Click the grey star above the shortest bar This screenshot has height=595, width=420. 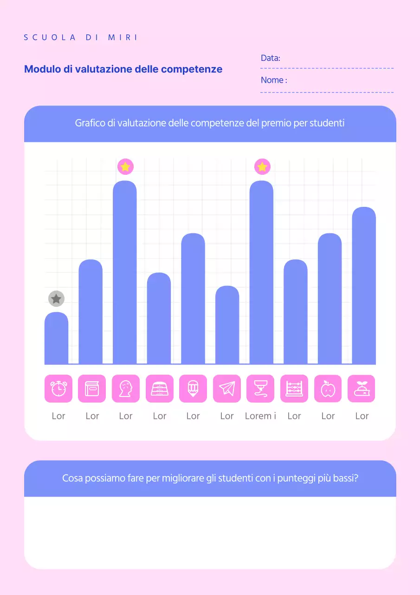[x=56, y=299]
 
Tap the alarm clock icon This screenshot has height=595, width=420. [x=58, y=389]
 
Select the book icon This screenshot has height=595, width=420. [x=92, y=389]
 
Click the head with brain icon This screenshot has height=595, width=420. [x=126, y=389]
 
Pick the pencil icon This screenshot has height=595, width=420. [x=193, y=389]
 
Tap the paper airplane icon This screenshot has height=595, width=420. [x=227, y=389]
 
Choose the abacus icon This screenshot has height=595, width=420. [x=294, y=389]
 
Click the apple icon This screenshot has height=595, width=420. [x=328, y=389]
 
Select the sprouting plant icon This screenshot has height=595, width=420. [x=362, y=389]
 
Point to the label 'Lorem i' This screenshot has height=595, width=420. [x=260, y=416]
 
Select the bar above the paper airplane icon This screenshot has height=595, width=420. [x=227, y=325]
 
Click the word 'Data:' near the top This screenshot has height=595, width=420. [x=271, y=59]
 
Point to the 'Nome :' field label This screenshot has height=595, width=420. [x=274, y=80]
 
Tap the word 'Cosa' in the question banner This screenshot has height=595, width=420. [x=72, y=478]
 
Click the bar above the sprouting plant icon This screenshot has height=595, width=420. [x=364, y=286]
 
